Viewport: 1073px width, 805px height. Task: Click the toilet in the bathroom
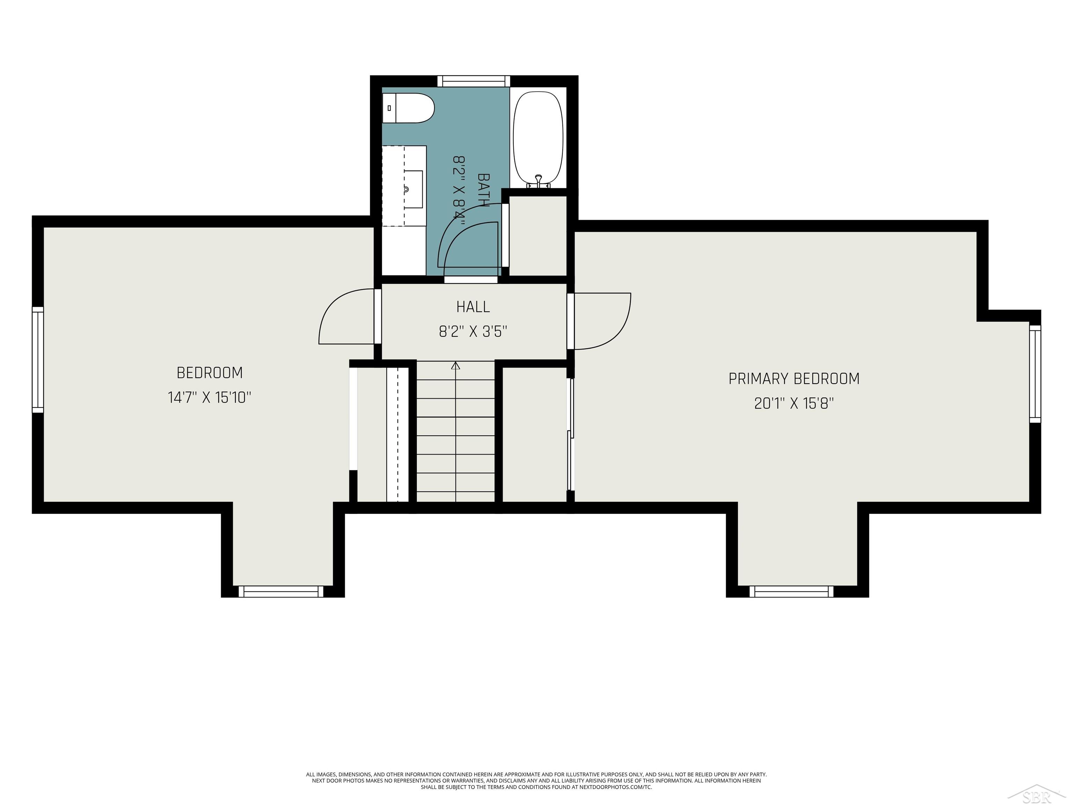click(x=408, y=108)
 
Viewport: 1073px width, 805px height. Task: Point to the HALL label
click(x=473, y=307)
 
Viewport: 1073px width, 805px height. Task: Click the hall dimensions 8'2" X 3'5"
click(x=473, y=332)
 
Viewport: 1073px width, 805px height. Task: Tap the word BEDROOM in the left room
click(x=210, y=373)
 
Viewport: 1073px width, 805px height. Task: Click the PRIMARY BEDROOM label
click(x=794, y=378)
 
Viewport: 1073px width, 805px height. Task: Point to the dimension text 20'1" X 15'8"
click(x=794, y=403)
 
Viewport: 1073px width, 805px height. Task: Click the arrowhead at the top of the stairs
click(x=455, y=366)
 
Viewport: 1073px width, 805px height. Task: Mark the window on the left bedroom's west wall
click(x=38, y=360)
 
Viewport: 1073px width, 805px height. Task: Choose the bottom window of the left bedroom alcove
click(x=281, y=592)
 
